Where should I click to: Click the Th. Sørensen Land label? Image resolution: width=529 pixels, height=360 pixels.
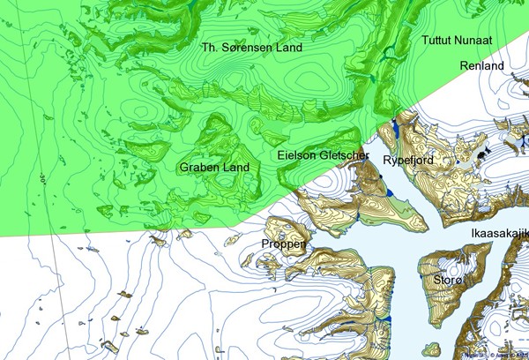pyautogui.click(x=251, y=48)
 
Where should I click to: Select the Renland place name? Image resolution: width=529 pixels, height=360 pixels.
pyautogui.click(x=481, y=66)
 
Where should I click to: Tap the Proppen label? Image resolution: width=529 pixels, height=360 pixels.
pyautogui.click(x=284, y=244)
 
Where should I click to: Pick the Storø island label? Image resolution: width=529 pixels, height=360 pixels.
pyautogui.click(x=448, y=281)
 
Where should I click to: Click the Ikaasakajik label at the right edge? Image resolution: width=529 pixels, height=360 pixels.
pyautogui.click(x=499, y=233)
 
